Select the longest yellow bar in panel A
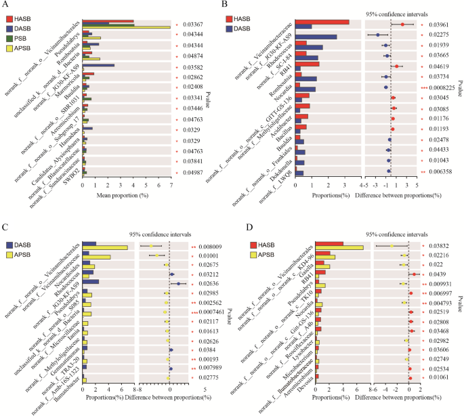[x=126, y=27]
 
